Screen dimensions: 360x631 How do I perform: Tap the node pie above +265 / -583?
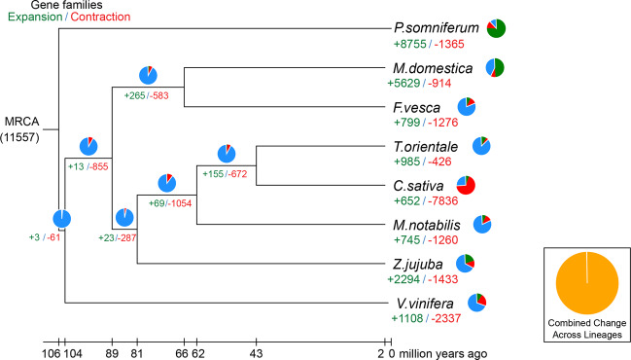[148, 75]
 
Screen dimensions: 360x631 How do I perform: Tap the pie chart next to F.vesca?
[467, 106]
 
